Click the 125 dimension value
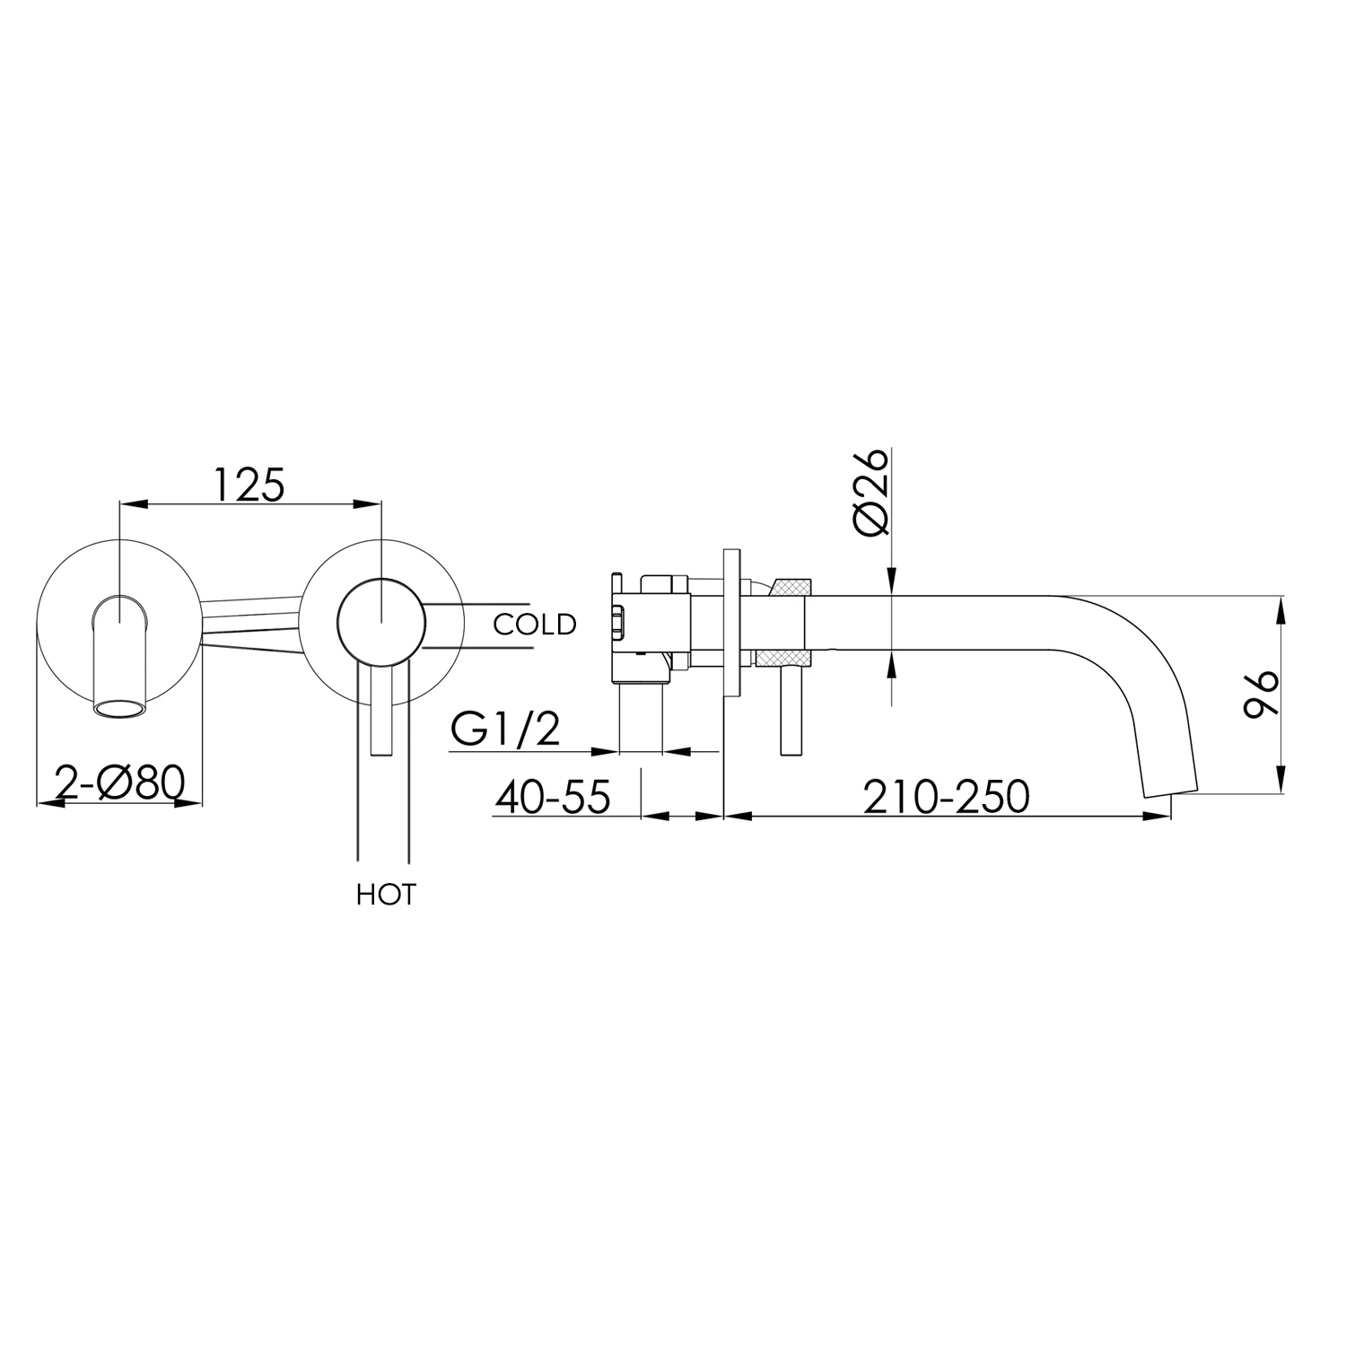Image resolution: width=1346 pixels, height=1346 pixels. coord(249,485)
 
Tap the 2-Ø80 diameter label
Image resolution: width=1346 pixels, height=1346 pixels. coord(119,782)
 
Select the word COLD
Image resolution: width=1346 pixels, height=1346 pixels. coord(534,624)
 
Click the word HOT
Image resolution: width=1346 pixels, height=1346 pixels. coord(386,895)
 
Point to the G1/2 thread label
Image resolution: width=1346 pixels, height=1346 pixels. coord(505,730)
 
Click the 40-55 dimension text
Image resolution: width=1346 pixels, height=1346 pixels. coord(552,796)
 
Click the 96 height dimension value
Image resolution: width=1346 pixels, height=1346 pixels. coord(1262,694)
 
